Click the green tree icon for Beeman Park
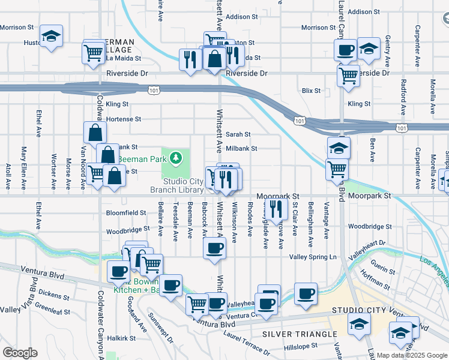click(176, 158)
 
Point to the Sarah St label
click(238, 134)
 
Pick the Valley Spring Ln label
click(313, 257)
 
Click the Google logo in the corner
click(20, 353)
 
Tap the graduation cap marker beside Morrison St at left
click(51, 37)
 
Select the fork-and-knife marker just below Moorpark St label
click(276, 209)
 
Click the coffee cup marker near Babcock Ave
click(214, 247)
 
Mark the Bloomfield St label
click(126, 212)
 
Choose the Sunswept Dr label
click(160, 329)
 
